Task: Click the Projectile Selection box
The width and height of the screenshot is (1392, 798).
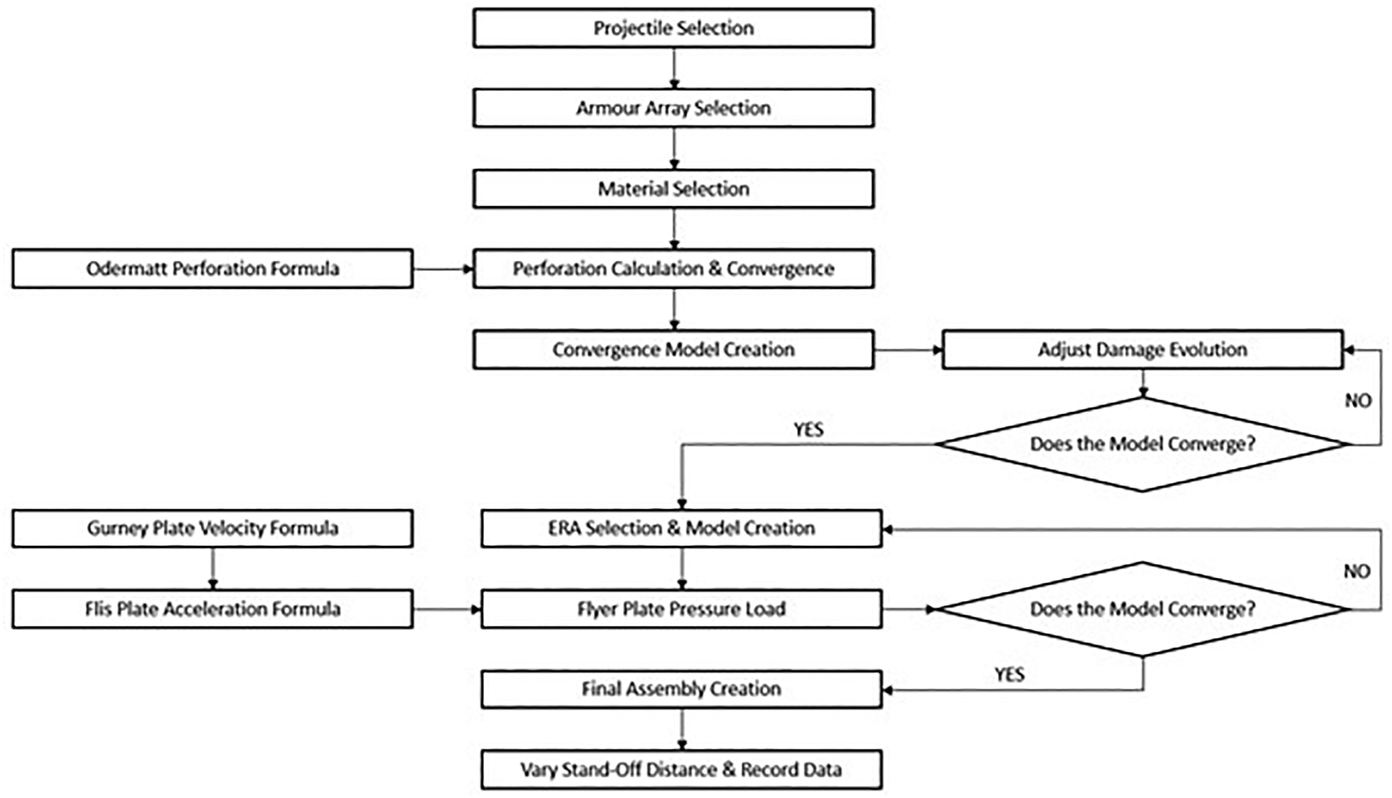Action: pos(674,28)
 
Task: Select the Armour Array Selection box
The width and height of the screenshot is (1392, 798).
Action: pos(674,108)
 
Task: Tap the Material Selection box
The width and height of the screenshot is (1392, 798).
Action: pos(674,189)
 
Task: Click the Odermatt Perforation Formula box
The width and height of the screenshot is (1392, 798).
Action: pos(213,268)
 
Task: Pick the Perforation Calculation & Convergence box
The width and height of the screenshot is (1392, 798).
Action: pos(674,268)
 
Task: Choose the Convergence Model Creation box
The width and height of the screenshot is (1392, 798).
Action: pos(674,349)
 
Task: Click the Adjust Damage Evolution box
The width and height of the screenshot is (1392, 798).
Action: pos(1143,349)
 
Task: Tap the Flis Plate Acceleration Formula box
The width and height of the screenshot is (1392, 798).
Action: pos(213,609)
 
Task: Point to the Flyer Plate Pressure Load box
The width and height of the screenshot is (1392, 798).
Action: pos(682,609)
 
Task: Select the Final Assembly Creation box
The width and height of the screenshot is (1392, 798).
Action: pos(682,689)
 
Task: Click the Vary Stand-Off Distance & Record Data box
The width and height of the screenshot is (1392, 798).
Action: pos(682,770)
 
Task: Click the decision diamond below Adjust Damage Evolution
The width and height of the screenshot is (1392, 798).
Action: pos(1143,444)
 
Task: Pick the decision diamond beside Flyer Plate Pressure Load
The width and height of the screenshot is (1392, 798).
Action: pos(1143,609)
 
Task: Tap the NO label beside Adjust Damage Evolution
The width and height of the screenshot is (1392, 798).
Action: pos(1358,401)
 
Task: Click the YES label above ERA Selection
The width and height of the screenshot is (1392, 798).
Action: pos(808,429)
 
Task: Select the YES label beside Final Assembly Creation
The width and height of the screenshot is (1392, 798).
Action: pos(1009,674)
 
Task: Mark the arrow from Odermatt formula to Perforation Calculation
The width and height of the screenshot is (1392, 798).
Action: pos(443,269)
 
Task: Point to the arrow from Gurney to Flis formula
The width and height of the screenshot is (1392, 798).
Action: pos(213,568)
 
